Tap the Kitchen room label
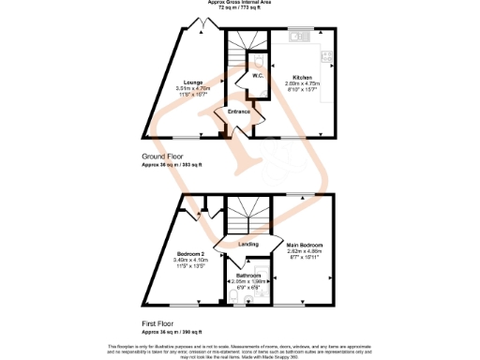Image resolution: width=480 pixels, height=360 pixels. [301, 77]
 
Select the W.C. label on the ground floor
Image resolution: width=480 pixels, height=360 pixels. [255, 76]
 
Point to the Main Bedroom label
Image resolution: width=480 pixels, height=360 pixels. [304, 243]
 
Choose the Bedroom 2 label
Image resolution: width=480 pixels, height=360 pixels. [190, 253]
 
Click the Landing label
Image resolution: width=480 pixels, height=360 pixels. [248, 245]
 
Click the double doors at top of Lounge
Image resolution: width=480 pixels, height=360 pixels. [199, 23]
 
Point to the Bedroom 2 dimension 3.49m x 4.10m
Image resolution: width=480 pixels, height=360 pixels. [190, 260]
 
